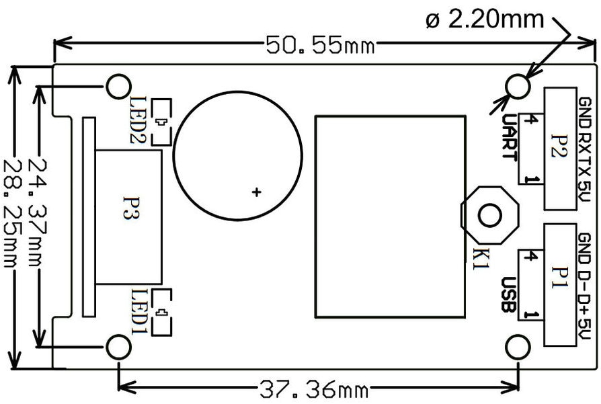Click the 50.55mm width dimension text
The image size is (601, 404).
pyautogui.click(x=320, y=46)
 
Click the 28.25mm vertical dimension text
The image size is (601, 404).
pyautogui.click(x=14, y=213)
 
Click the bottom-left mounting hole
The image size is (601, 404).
pyautogui.click(x=119, y=346)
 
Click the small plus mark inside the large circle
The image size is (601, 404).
pyautogui.click(x=255, y=193)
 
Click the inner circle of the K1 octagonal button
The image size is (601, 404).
pyautogui.click(x=489, y=215)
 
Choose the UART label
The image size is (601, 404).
pyautogui.click(x=509, y=136)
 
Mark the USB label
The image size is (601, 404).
pyautogui.click(x=509, y=294)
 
